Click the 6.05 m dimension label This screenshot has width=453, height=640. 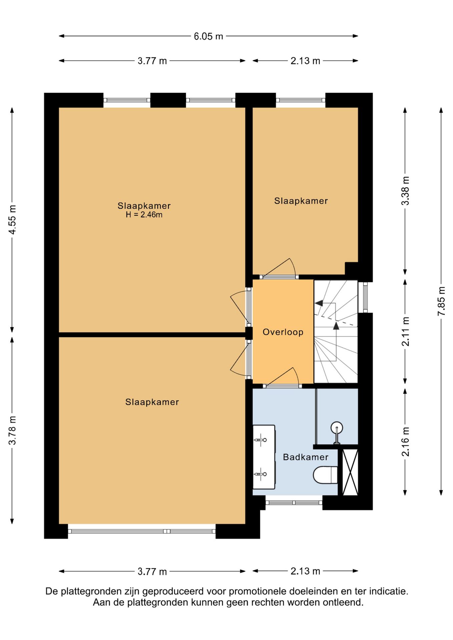208,36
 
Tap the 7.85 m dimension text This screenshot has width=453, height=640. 441,301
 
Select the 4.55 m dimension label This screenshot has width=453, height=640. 12,220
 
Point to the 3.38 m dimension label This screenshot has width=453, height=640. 405,191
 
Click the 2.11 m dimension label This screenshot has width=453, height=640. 405,331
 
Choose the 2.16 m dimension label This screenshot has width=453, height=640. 405,442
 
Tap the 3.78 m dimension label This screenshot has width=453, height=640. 12,430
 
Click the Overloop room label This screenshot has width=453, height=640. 283,332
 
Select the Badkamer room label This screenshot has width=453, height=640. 306,457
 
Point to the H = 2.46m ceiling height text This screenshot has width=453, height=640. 144,215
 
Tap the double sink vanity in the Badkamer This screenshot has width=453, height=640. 264,457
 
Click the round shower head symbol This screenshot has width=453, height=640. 337,428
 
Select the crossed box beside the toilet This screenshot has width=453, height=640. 350,472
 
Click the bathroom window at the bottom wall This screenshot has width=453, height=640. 294,502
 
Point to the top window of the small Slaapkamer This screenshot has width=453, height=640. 301,100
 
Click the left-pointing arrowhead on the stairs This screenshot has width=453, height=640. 319,303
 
